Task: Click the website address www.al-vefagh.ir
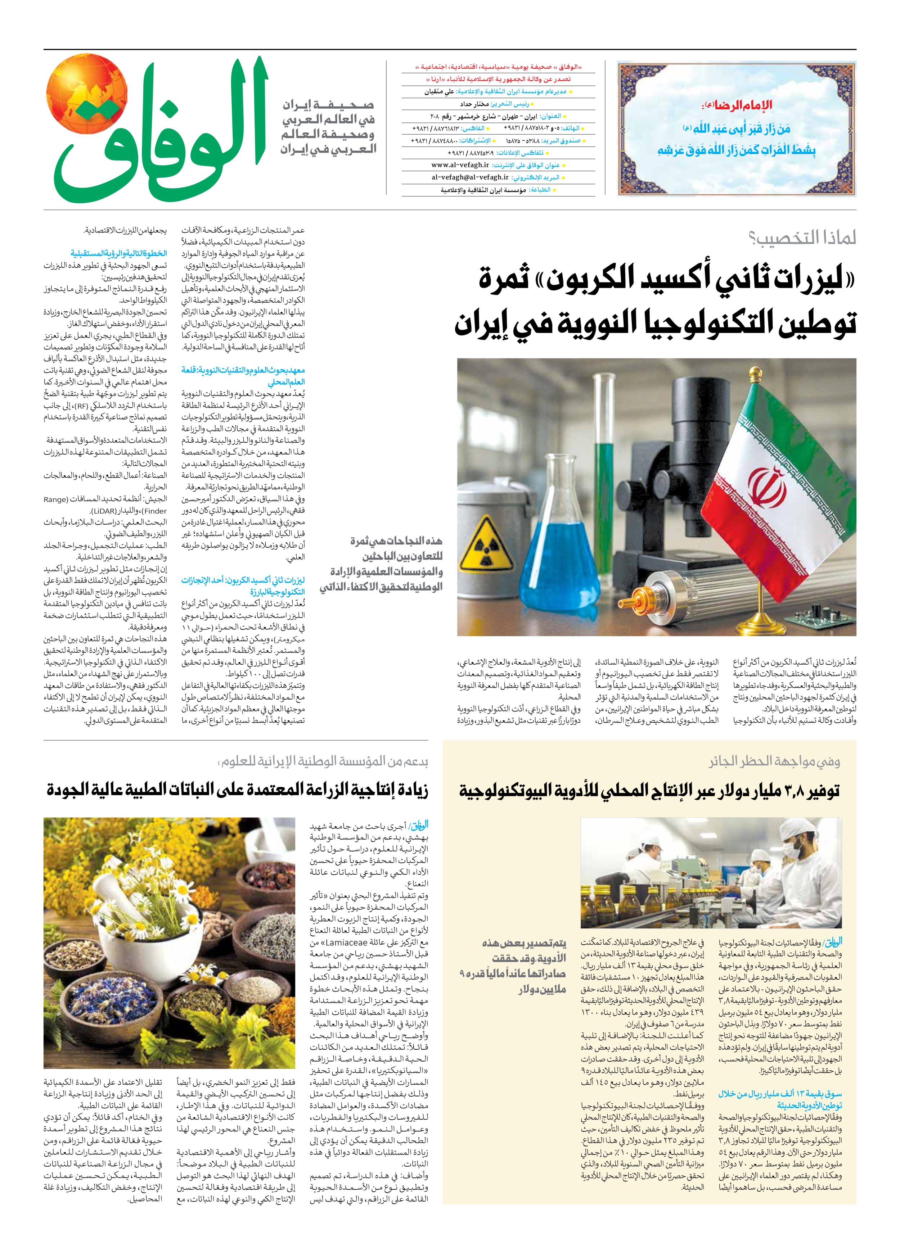coord(460,165)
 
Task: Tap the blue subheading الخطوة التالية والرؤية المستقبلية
coord(118,253)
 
